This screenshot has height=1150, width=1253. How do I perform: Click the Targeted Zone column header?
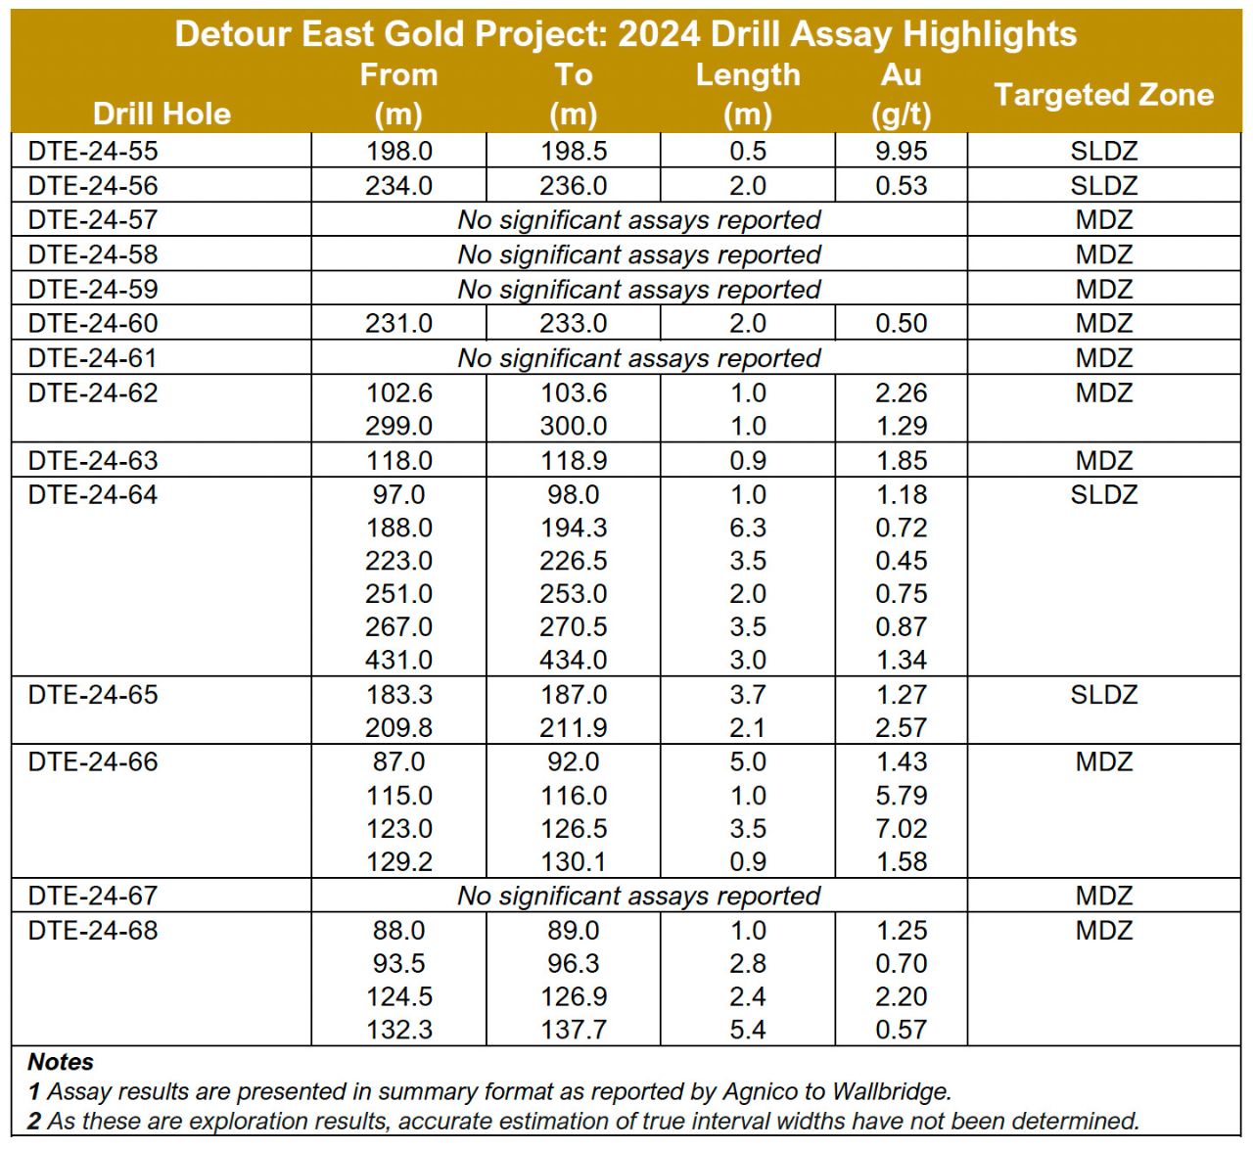tap(1103, 95)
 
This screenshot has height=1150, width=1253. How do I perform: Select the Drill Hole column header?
tap(162, 115)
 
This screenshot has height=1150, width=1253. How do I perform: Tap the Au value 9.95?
tap(901, 151)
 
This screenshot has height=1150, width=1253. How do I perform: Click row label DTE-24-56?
tap(93, 186)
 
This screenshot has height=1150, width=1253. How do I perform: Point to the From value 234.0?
tap(398, 186)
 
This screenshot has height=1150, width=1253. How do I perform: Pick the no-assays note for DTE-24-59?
tap(638, 290)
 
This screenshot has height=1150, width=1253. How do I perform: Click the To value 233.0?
tap(573, 324)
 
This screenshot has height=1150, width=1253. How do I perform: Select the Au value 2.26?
tap(901, 392)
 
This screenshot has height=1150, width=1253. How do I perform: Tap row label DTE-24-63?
tap(93, 461)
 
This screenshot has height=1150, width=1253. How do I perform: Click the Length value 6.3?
tap(748, 528)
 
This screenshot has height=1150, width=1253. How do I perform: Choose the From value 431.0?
tap(398, 661)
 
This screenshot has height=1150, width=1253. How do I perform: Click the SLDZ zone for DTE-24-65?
tap(1103, 695)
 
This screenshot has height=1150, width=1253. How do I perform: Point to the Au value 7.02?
tap(901, 829)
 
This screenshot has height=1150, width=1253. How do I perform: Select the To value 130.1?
tap(573, 862)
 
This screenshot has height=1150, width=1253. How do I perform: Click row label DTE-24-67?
tap(93, 896)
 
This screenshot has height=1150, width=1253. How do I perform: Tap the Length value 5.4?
tap(748, 1030)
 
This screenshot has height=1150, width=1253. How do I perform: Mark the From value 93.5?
tap(398, 963)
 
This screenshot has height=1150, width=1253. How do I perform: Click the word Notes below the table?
tap(61, 1062)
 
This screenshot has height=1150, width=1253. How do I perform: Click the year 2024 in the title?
tap(659, 33)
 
